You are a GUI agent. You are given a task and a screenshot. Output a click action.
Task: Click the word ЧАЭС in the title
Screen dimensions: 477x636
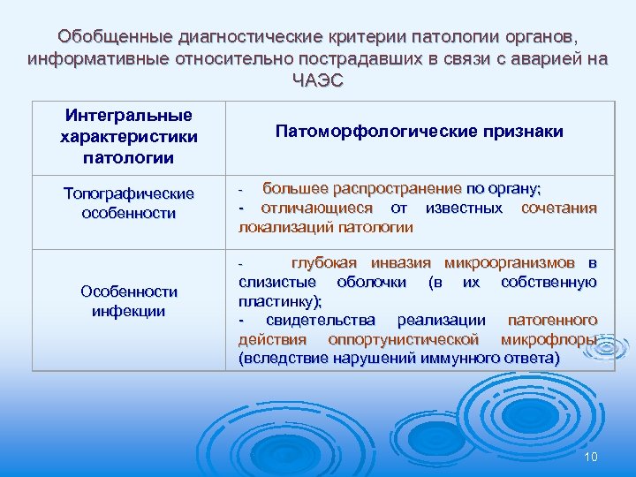[x=317, y=80]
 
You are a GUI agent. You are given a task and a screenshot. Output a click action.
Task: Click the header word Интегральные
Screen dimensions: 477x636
[x=129, y=116]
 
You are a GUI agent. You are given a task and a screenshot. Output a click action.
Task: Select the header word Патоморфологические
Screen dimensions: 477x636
[x=368, y=132]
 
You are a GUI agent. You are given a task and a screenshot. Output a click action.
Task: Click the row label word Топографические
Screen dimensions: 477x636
[x=129, y=193]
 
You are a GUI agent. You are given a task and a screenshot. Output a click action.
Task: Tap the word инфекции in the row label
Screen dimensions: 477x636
[x=129, y=311]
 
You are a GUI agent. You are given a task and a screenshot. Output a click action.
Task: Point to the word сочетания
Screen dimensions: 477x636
[x=558, y=208]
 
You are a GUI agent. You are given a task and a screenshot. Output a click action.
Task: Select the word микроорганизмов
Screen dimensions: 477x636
[x=508, y=263]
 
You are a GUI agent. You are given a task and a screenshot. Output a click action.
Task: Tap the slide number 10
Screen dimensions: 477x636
[x=591, y=456]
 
